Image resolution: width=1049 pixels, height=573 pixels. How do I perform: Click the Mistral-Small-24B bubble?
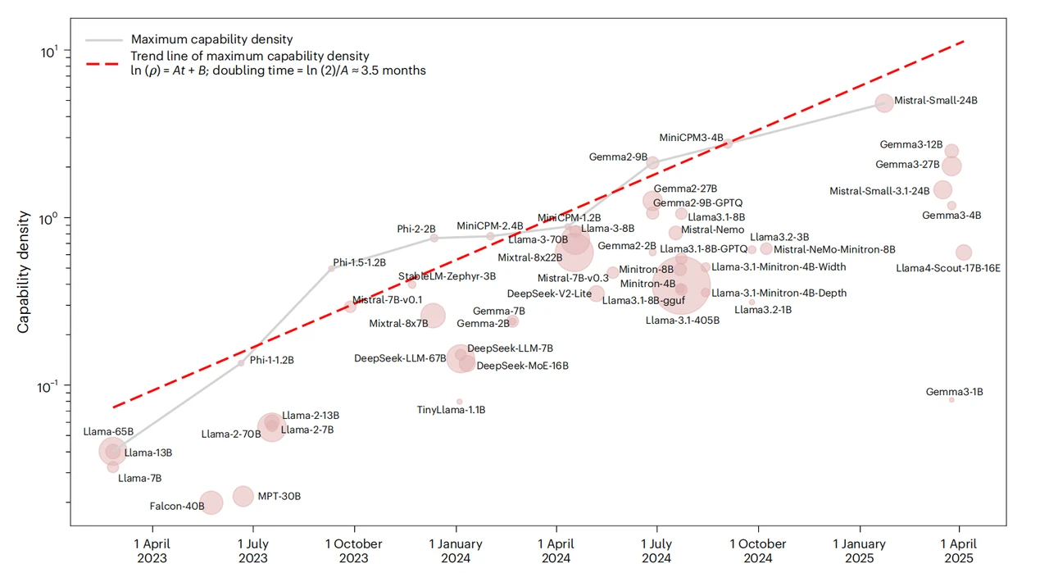[x=884, y=102]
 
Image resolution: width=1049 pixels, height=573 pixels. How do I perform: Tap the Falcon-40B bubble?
[x=211, y=503]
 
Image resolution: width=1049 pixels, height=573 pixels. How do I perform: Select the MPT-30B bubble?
[x=243, y=496]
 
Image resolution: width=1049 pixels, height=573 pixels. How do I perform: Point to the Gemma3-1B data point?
[x=951, y=399]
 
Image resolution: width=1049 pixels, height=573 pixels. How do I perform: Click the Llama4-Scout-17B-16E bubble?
[x=964, y=252]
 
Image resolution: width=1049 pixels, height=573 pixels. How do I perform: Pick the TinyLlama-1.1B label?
[x=452, y=410]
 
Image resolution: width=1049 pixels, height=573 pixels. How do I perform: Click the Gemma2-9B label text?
[x=618, y=156]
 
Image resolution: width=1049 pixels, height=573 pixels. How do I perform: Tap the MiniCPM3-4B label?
[x=691, y=138]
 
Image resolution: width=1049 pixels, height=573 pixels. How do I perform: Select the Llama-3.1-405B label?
[x=683, y=320]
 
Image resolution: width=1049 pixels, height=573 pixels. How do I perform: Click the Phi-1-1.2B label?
[x=272, y=360]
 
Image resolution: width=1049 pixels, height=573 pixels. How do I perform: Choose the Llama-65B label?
[x=102, y=431]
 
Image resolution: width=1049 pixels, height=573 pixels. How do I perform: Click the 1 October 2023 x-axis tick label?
[x=354, y=551]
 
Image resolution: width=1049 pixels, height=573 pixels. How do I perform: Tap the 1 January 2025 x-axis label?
[x=859, y=551]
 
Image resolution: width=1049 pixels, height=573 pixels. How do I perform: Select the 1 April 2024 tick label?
[x=556, y=551]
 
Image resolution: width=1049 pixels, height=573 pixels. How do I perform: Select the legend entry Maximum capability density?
[x=211, y=39]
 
